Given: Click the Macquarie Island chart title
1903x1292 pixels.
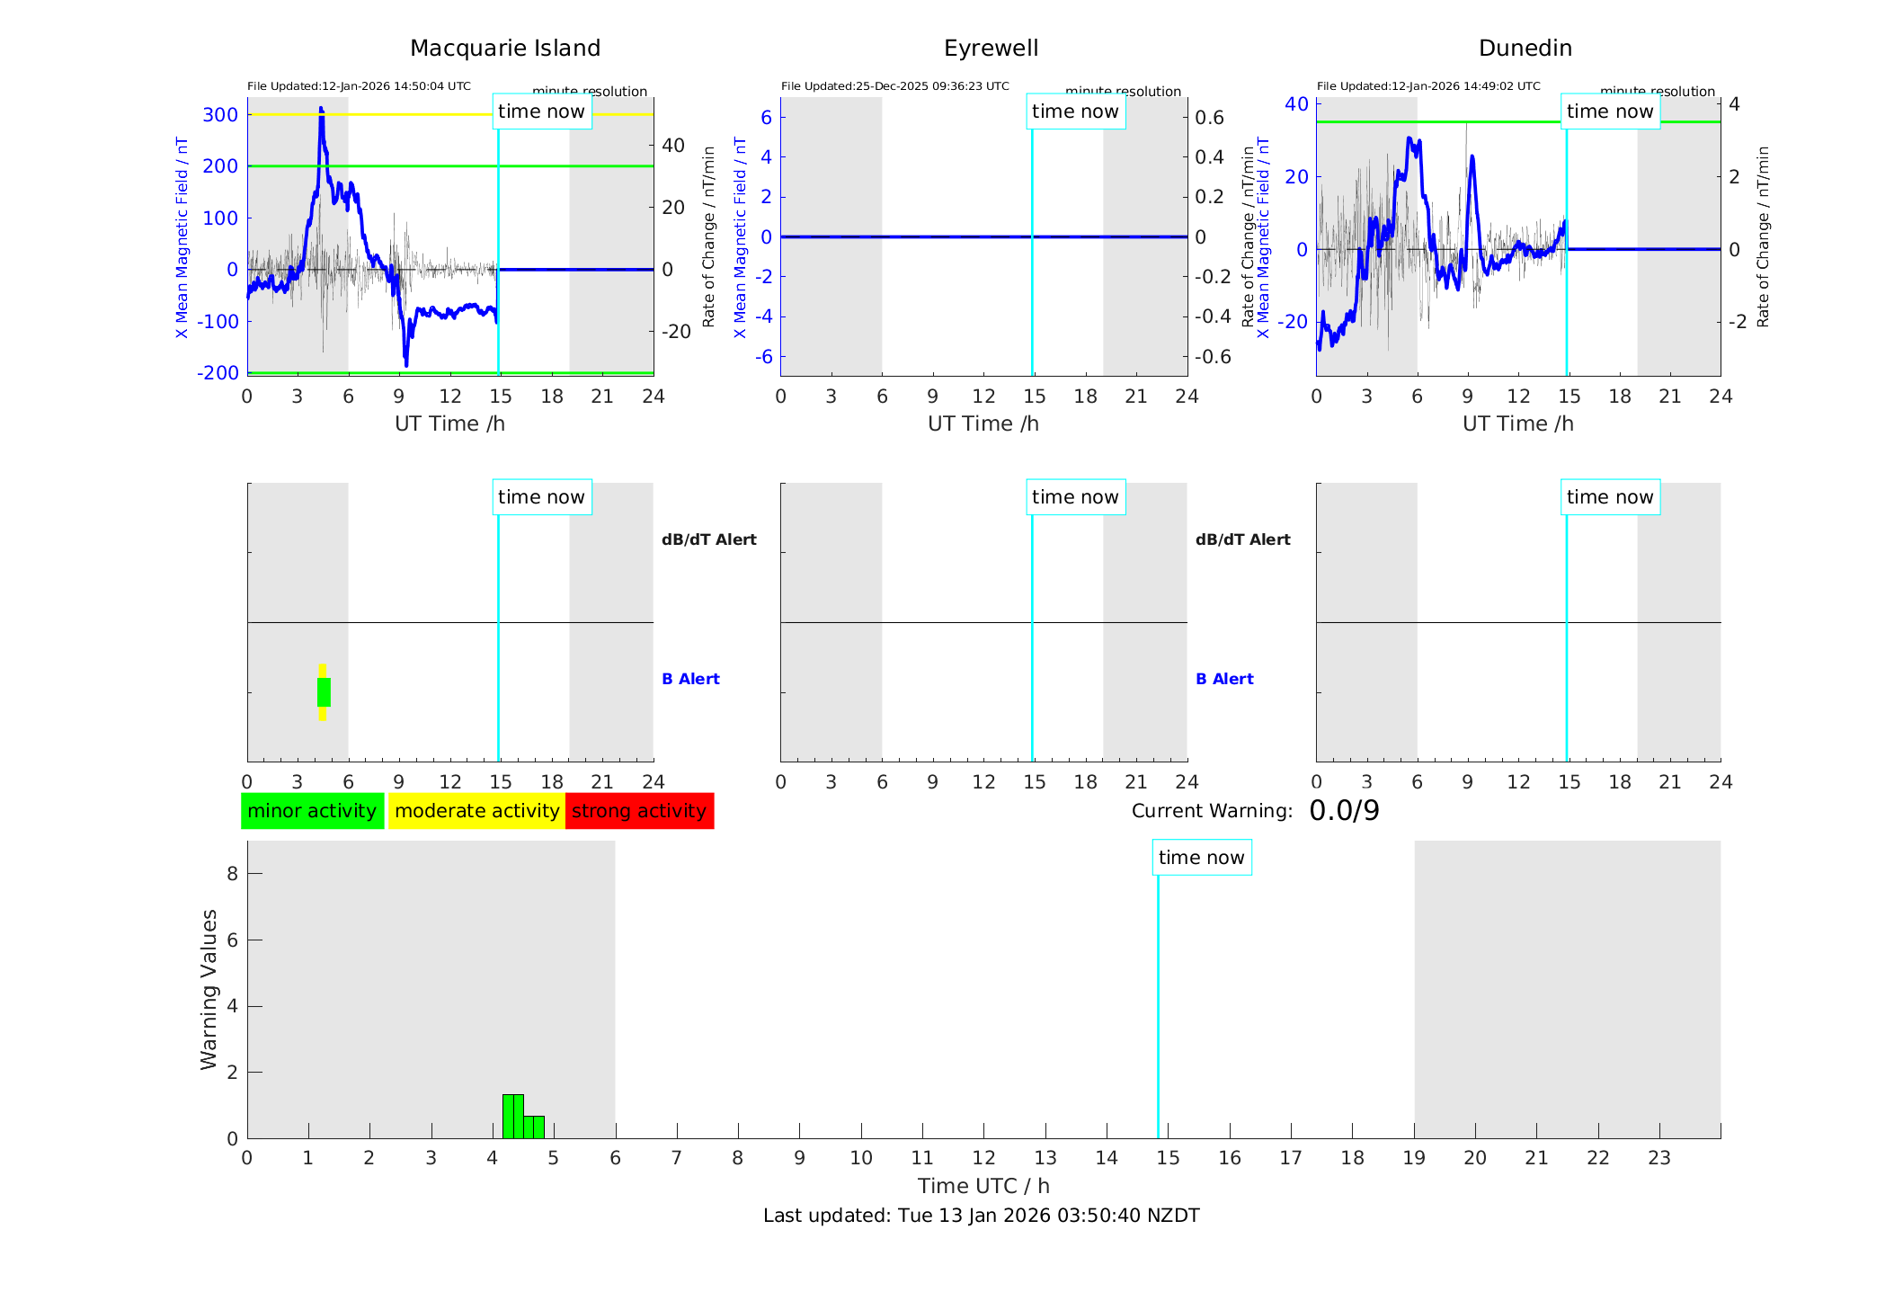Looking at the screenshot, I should click(x=504, y=49).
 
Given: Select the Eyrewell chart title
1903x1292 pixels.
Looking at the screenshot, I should click(x=991, y=49).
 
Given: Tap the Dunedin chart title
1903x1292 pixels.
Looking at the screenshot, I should click(x=1525, y=49).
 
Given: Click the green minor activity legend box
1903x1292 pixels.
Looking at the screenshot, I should click(x=312, y=811).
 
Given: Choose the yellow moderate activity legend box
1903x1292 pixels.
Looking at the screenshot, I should click(x=476, y=811).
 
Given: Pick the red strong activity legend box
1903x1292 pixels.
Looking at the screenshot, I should click(x=639, y=811).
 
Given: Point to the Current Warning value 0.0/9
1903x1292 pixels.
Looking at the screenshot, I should click(x=1344, y=811).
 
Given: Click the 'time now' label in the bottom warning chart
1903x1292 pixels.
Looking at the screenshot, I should click(x=1201, y=858).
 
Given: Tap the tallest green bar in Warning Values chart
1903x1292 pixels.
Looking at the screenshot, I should click(x=512, y=1116).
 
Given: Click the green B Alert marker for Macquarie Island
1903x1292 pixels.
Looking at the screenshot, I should click(x=324, y=692).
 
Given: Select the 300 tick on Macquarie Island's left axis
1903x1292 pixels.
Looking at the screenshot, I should click(x=220, y=115).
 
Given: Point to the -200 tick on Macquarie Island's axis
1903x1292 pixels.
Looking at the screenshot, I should click(x=218, y=372).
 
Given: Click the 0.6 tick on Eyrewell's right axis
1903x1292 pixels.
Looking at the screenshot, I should click(x=1209, y=118).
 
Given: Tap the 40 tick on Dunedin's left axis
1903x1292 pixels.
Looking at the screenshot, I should click(x=1296, y=104).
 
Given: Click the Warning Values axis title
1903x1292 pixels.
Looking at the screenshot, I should click(x=209, y=989).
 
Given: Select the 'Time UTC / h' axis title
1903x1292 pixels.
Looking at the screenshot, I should click(x=983, y=1186).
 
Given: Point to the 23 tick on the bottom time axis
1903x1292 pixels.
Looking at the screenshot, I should click(x=1658, y=1158).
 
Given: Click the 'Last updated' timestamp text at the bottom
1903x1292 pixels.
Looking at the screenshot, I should click(x=981, y=1216).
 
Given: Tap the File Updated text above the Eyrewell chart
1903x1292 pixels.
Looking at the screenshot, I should click(x=894, y=86).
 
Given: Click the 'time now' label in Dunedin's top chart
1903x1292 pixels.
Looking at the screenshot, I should click(x=1609, y=111).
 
